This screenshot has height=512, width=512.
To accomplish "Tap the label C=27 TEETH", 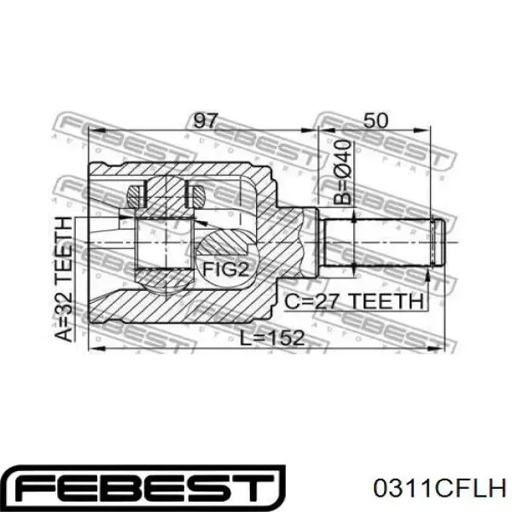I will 354,300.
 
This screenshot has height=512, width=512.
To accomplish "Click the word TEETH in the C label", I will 389,300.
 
